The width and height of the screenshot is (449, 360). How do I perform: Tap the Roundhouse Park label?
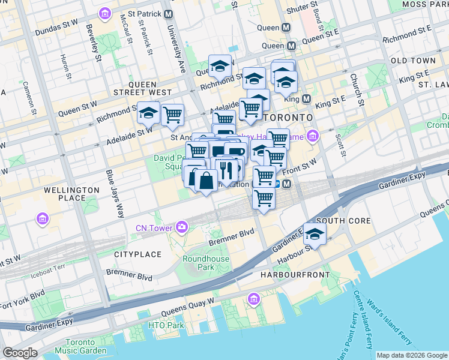coord(197,263)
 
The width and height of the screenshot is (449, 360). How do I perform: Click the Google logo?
coord(20,353)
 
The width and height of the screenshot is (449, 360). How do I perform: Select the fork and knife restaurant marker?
coord(226,169)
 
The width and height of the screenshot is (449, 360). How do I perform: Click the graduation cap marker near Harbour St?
coord(314,235)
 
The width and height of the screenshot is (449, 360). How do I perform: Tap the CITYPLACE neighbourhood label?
coord(138,254)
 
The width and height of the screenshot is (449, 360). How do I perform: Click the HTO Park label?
coord(166,325)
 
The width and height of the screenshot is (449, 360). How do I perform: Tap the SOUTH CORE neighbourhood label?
coord(343,221)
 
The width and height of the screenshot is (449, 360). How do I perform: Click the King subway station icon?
coord(306,98)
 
